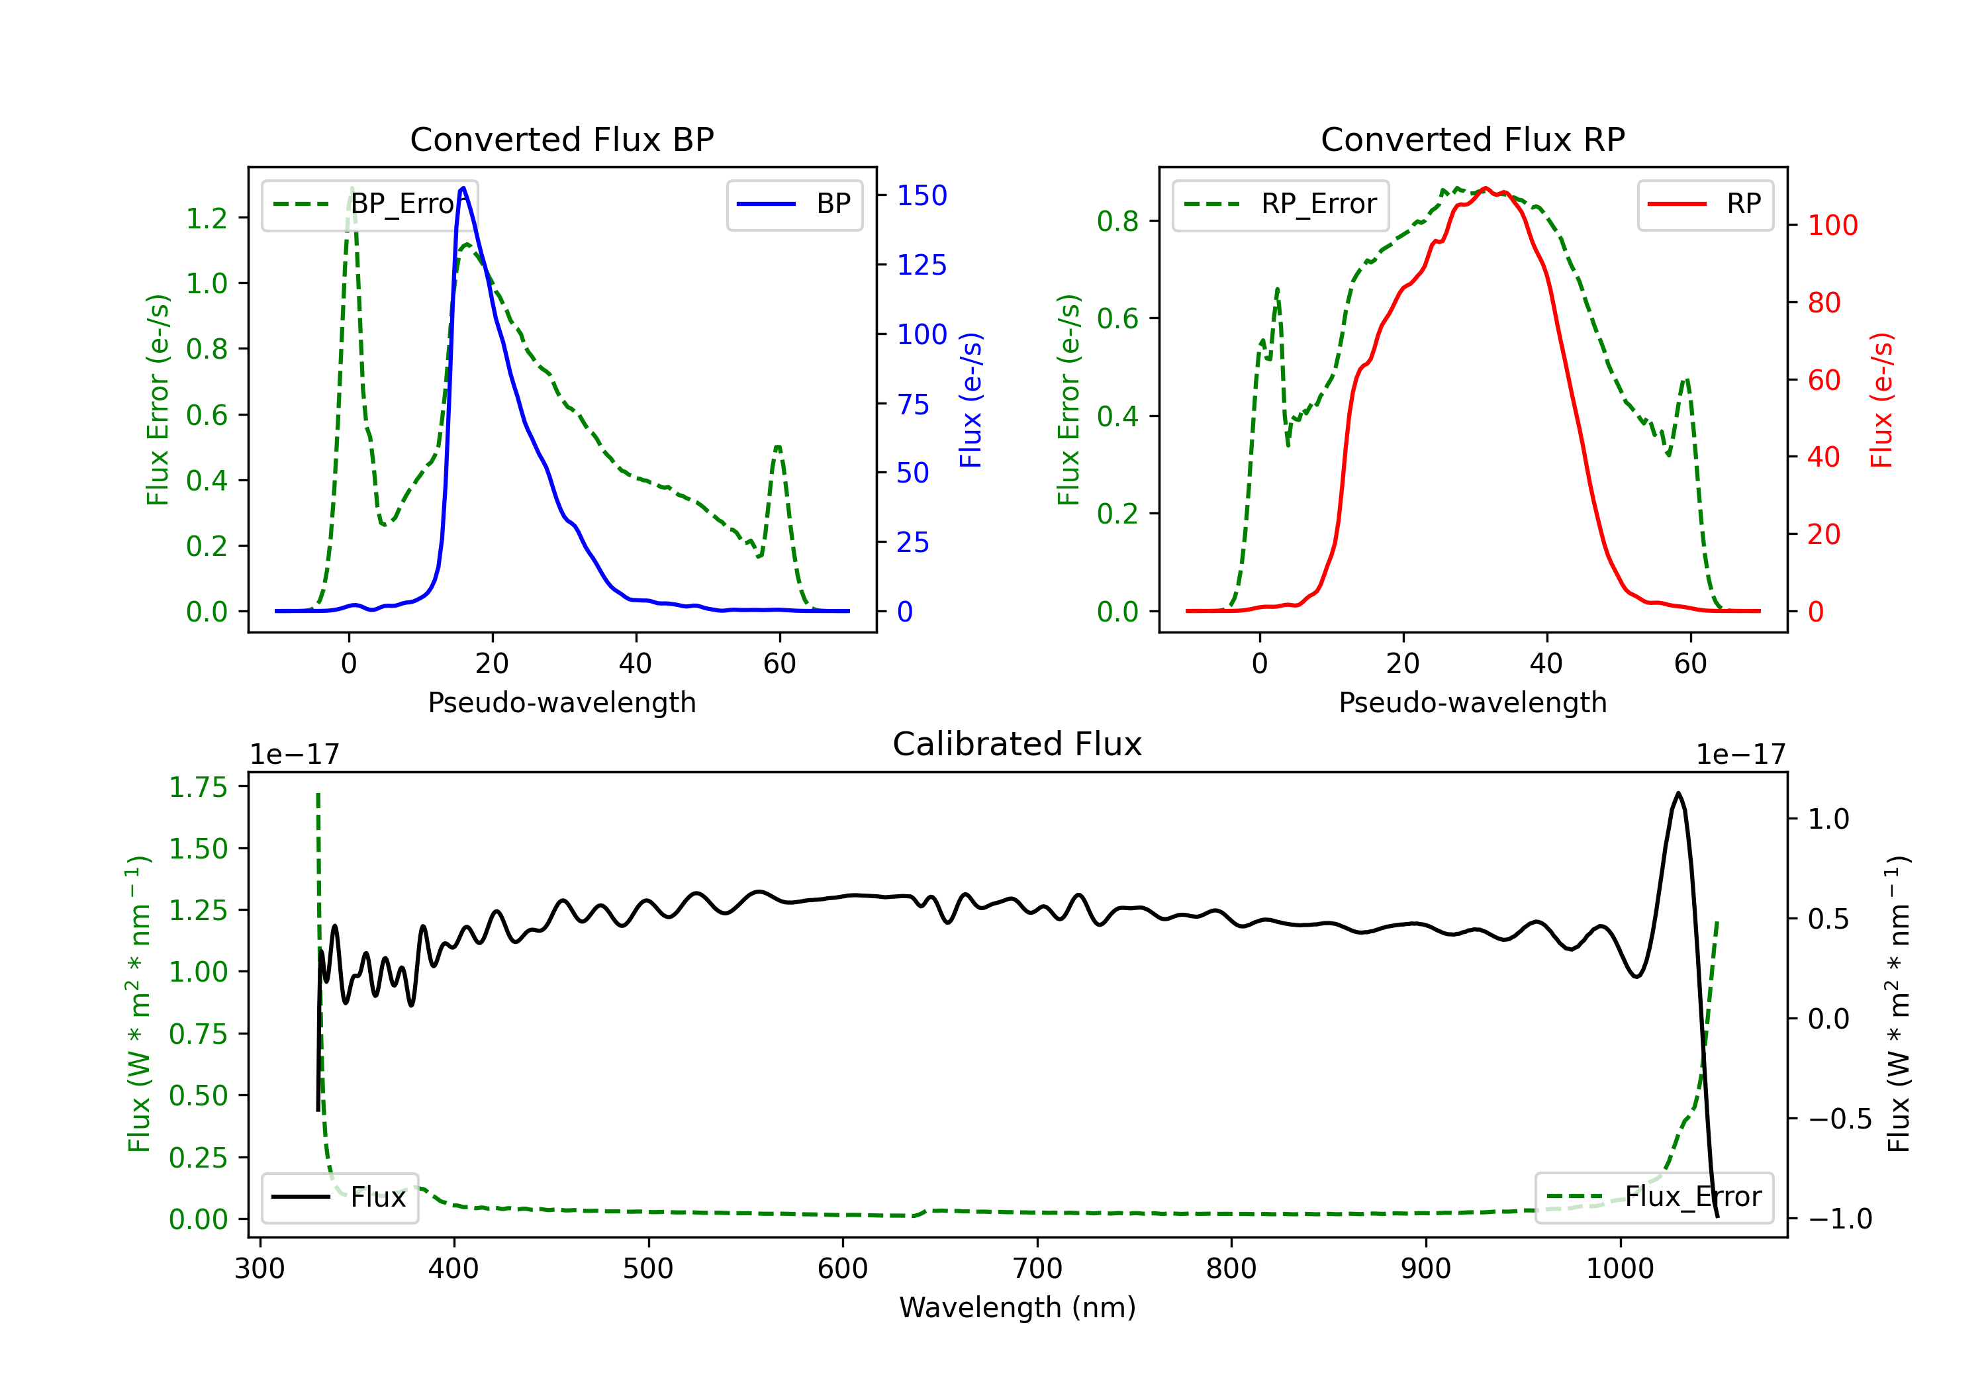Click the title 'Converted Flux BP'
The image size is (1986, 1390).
561,139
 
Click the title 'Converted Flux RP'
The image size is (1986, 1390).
1472,139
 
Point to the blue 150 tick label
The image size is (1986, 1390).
922,195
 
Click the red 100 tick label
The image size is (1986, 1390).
1832,226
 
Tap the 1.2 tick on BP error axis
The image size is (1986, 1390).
207,218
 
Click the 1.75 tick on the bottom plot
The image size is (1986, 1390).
197,787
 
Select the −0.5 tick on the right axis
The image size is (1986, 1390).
1840,1119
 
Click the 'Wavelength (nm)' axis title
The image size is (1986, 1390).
1017,1308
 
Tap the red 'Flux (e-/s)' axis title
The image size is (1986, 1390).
1881,400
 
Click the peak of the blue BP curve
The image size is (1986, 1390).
463,188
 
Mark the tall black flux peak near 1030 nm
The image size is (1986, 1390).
1678,793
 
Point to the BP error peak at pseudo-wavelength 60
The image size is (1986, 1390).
779,447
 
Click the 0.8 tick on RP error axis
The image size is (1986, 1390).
1117,222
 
